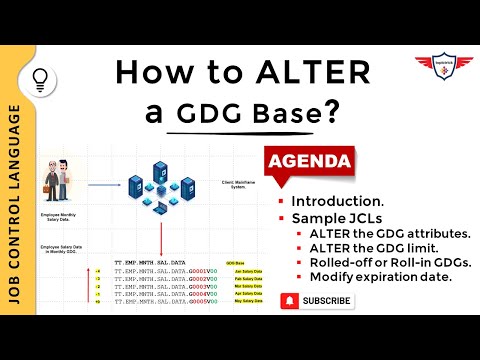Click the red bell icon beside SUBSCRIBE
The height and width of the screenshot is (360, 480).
(x=289, y=300)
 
